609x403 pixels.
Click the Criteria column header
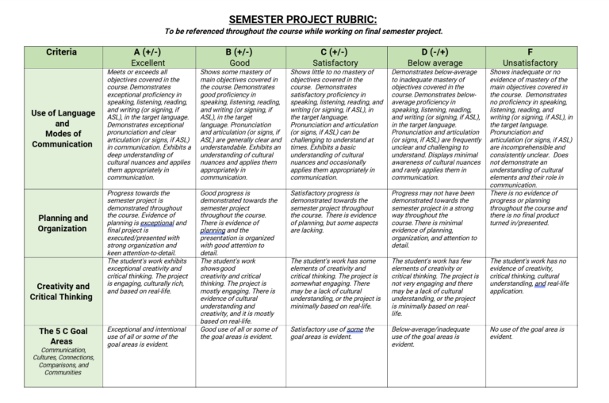tap(61, 52)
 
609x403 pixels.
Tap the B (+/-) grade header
tap(242, 52)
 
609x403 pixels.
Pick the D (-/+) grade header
tap(433, 52)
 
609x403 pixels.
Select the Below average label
tap(433, 63)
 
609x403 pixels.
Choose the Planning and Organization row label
tap(61, 222)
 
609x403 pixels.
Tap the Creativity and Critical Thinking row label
tap(61, 291)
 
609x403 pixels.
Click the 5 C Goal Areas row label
tap(61, 336)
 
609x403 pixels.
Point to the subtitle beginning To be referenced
tap(304, 32)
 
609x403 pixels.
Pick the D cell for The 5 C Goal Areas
tap(432, 337)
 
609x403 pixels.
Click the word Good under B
tap(242, 63)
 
